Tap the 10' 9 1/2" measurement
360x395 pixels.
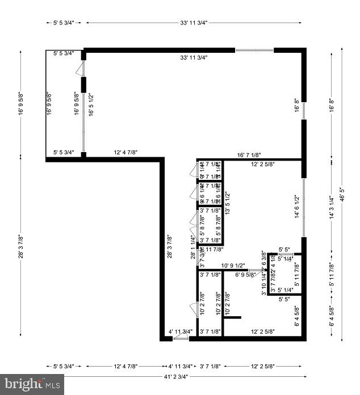tap(233, 266)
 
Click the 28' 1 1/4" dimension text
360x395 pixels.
tap(193, 247)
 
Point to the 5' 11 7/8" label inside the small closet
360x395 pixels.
tap(296, 275)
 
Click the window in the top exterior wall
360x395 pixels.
tap(254, 51)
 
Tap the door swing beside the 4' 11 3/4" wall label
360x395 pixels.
tap(181, 338)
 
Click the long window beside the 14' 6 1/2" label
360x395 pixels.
tap(304, 207)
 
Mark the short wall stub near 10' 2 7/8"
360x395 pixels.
tap(232, 317)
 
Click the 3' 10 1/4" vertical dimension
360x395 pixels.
tap(263, 282)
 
